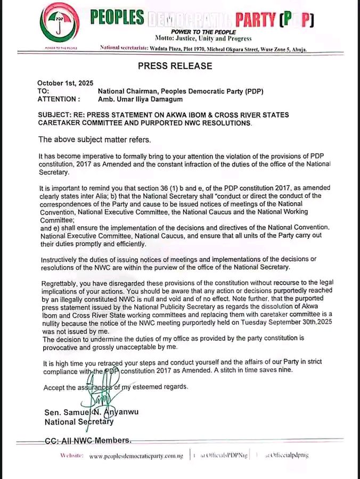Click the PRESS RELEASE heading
coord(175,66)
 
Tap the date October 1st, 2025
coord(61,83)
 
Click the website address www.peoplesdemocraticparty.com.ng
coord(136,456)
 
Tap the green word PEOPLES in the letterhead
coord(117,19)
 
